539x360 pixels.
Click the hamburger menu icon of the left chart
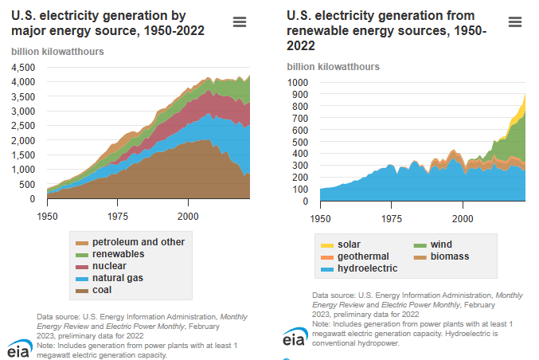[x=239, y=22]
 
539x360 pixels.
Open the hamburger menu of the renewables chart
[x=514, y=22]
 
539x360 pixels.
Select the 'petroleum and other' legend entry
[x=138, y=242]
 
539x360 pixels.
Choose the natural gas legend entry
[x=119, y=278]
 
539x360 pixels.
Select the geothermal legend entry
[x=362, y=256]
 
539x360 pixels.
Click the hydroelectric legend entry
[x=367, y=268]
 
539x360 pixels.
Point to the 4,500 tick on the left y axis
[x=23, y=67]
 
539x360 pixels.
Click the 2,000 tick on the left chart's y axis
[x=23, y=140]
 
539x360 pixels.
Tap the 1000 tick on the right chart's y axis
[x=297, y=82]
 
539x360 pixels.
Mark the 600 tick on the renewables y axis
[x=299, y=130]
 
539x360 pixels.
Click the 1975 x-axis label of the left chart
[x=118, y=216]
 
